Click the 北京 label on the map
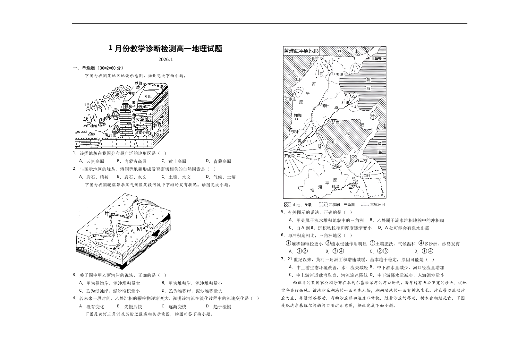(315, 59)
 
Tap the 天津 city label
(339, 75)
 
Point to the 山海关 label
(376, 59)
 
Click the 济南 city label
(336, 122)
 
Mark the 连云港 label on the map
(361, 160)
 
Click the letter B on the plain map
(319, 146)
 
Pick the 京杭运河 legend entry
(378, 205)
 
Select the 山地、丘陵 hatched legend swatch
(288, 205)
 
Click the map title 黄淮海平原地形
(301, 51)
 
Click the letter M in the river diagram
(139, 229)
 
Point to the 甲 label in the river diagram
(107, 213)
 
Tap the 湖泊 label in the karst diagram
(139, 83)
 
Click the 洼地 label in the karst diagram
(94, 126)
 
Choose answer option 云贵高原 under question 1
(95, 161)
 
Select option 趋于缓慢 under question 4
(222, 307)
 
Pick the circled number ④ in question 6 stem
(421, 244)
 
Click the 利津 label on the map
(345, 103)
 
